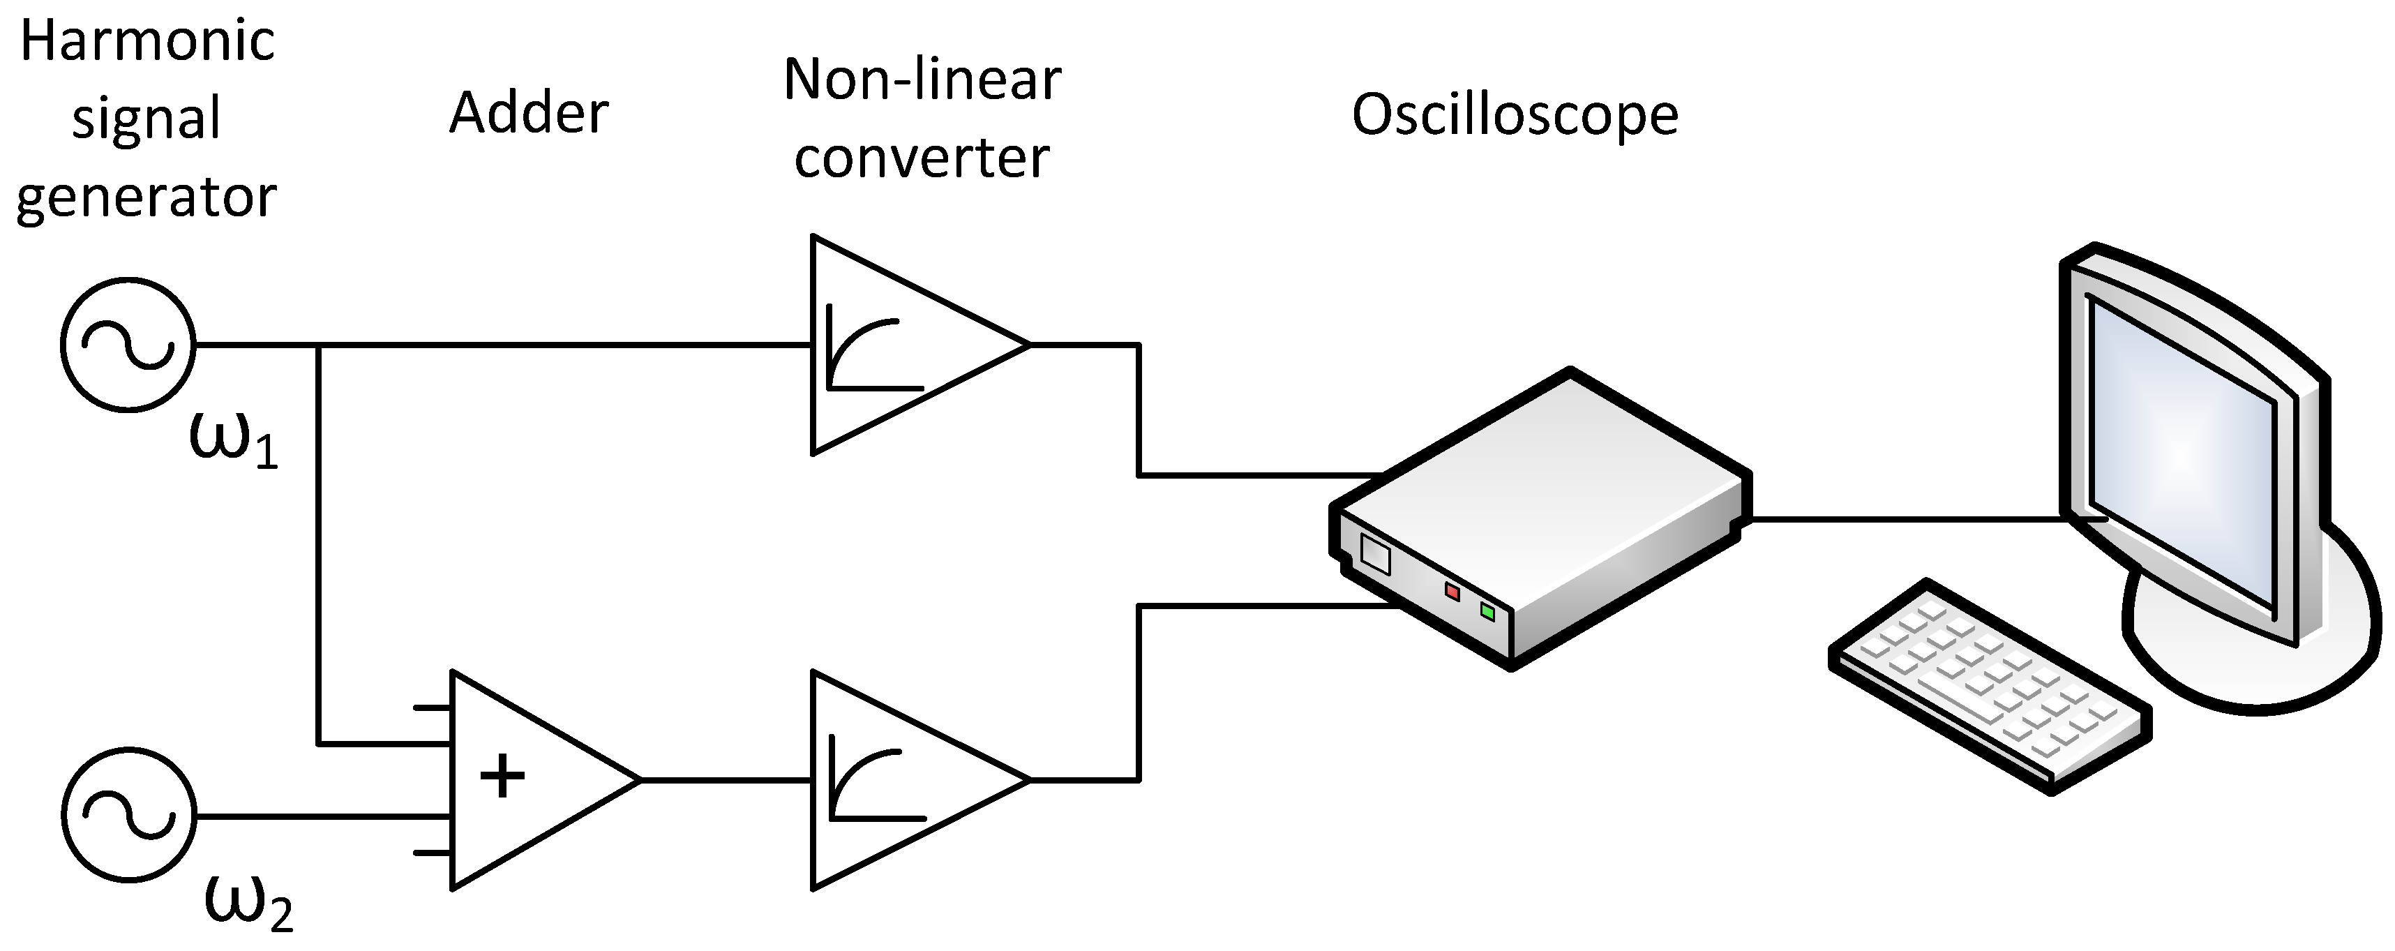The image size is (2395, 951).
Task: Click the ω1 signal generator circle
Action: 128,344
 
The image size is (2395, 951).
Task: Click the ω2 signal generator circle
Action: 129,814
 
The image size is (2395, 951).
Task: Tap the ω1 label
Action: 232,439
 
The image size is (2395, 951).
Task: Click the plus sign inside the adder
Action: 502,777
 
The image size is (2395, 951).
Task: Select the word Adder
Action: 529,114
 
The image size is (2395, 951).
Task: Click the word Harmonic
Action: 148,42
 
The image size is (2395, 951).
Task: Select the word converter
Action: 922,158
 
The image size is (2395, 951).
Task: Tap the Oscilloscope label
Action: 1515,115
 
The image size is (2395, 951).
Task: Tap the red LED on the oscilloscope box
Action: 1452,591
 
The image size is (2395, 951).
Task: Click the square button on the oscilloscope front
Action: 1375,554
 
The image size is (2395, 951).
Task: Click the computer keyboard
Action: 1990,686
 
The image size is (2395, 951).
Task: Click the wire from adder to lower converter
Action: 725,781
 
